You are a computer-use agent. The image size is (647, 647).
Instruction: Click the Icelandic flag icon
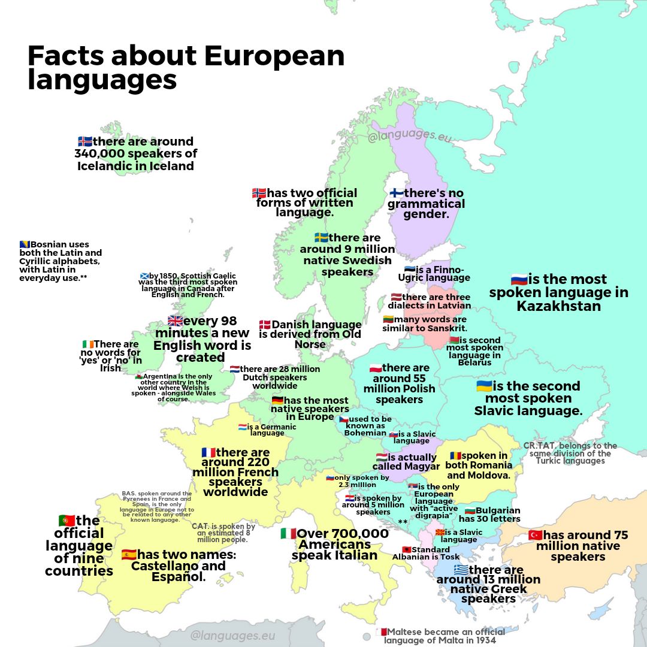point(84,141)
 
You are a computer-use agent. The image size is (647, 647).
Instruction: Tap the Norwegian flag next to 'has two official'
point(259,193)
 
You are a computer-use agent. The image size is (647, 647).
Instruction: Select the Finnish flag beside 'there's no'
point(397,193)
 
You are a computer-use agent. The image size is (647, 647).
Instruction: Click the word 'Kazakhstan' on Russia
point(558,306)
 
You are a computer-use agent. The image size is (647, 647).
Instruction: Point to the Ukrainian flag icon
point(484,386)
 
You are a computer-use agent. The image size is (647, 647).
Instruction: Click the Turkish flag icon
point(535,535)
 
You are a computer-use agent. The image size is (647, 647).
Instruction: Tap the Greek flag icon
point(461,569)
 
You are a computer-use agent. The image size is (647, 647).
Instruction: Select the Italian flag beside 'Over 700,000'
point(288,533)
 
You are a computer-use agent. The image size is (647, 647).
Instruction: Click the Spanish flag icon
point(129,554)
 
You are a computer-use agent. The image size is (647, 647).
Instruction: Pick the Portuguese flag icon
point(66,520)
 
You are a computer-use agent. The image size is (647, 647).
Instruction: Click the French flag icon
point(208,452)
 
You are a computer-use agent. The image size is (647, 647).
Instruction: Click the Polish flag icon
point(375,367)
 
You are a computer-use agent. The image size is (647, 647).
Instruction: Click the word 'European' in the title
point(274,56)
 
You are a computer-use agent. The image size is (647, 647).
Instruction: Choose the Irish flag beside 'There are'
point(87,344)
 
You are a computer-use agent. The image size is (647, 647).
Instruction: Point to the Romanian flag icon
point(455,455)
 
